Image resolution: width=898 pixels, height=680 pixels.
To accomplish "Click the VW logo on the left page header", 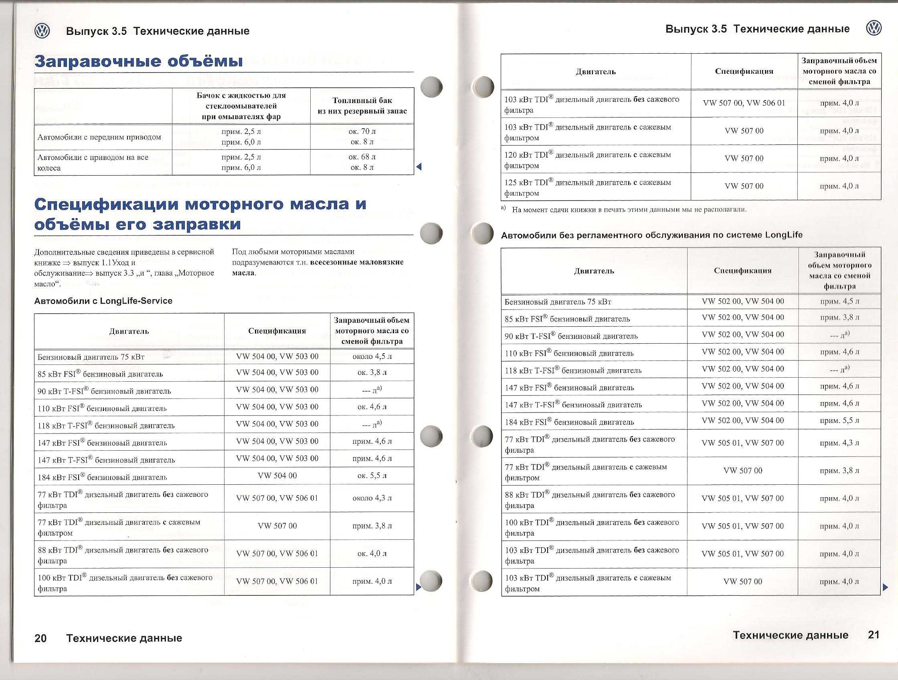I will click(42, 31).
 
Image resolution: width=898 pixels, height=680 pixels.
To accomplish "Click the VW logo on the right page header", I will click(874, 28).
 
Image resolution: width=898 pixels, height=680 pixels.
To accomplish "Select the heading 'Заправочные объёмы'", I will click(138, 61).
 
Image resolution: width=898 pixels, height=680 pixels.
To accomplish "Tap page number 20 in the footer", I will click(40, 638).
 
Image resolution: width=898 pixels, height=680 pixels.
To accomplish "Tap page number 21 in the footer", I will click(874, 635).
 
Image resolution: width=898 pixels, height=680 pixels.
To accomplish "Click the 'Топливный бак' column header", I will click(362, 100).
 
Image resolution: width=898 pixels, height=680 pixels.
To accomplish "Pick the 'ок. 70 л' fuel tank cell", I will click(362, 132).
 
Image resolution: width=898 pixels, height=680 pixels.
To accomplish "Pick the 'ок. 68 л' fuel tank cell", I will click(362, 157).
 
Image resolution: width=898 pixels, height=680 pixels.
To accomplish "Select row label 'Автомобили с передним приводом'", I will click(99, 137).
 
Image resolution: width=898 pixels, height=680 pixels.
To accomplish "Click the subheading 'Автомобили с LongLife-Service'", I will click(103, 301).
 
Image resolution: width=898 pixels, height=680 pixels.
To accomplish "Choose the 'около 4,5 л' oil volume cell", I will click(372, 356).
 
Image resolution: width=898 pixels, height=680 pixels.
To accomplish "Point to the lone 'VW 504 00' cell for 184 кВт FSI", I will click(277, 476).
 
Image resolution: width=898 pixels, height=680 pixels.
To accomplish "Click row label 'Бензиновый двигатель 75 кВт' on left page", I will click(91, 357).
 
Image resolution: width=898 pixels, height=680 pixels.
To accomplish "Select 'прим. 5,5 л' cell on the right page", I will click(839, 421).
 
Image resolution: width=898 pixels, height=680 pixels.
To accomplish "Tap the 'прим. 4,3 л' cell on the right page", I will click(839, 443).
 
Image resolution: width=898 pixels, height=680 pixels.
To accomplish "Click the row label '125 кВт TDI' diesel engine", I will click(587, 183).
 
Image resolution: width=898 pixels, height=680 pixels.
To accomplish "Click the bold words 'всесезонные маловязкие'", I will click(357, 262).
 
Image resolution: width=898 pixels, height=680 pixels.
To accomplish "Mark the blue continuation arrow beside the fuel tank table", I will click(419, 166).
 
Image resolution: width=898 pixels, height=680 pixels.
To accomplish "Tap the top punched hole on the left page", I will click(431, 87).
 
